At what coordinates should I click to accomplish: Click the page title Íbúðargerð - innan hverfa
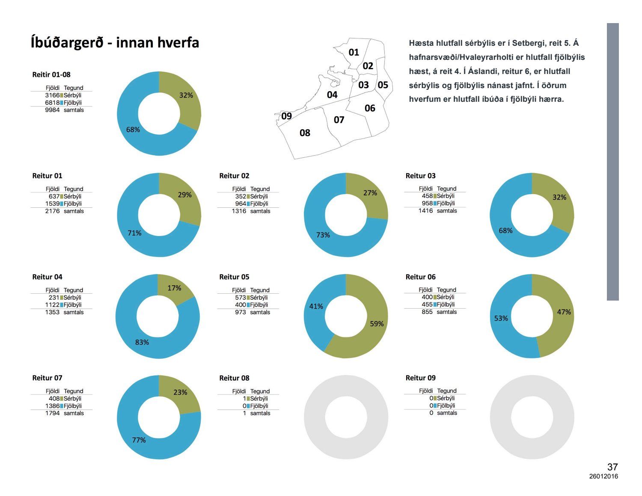tap(115, 43)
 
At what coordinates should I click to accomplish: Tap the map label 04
tap(332, 94)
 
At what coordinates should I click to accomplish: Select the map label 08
tap(305, 133)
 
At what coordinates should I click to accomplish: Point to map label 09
tap(286, 116)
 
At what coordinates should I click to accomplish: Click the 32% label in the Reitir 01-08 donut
tap(186, 95)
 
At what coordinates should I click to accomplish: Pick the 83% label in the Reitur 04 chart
tap(142, 342)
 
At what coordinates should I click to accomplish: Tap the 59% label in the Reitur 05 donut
tap(377, 324)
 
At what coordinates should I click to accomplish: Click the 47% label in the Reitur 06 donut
tap(564, 312)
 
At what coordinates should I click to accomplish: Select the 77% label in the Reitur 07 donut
tap(139, 440)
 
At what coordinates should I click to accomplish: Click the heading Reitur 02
tap(234, 176)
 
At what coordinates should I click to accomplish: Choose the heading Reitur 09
tap(420, 378)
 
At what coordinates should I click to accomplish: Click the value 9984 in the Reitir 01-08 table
tap(52, 110)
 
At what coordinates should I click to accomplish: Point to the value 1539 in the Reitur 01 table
tap(52, 204)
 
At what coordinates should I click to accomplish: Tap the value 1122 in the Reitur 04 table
tap(52, 305)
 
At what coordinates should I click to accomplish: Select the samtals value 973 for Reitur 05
tap(240, 313)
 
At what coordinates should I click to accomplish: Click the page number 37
tap(612, 467)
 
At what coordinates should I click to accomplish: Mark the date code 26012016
tap(603, 476)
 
